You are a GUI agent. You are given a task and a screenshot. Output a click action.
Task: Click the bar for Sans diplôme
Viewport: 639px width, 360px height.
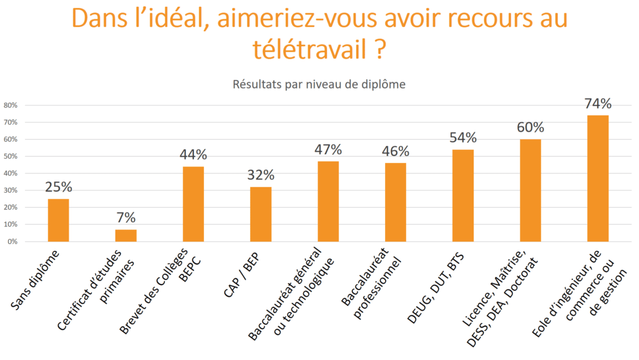59,220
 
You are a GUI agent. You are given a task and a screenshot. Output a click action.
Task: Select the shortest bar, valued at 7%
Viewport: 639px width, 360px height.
126,235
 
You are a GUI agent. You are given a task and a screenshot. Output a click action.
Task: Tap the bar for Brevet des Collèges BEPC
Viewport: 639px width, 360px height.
193,203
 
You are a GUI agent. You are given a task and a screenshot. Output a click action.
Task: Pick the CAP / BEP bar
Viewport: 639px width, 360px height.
261,214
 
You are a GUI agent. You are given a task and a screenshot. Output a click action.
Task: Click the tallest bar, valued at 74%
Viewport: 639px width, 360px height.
598,178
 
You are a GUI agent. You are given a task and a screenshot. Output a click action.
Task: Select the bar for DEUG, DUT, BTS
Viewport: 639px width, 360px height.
463,195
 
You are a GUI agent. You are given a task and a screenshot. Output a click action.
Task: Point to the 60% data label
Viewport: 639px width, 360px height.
530,128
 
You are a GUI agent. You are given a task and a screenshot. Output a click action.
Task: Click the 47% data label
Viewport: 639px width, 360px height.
328,150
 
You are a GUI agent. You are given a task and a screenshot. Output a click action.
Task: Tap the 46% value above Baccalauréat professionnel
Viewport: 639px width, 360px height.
396,152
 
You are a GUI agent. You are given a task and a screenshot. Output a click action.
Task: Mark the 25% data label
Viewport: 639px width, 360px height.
59,187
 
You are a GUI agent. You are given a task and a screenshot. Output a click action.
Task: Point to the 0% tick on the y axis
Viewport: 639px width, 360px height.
12,241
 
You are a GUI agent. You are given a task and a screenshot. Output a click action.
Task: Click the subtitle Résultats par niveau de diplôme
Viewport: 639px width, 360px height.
319,84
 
